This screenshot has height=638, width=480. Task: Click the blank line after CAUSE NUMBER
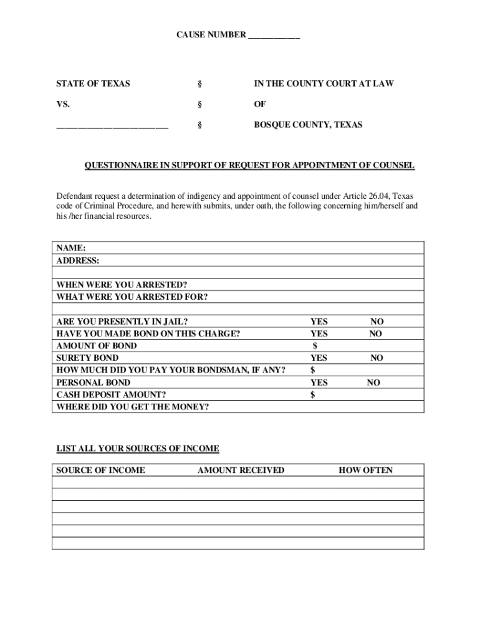tap(274, 36)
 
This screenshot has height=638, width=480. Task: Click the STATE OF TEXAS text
tap(93, 83)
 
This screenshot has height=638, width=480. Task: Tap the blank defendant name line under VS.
tap(112, 126)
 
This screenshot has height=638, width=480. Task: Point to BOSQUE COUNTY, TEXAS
tap(307, 125)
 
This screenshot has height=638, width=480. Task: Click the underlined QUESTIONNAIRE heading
tap(249, 166)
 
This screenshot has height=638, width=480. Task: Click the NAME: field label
tap(71, 248)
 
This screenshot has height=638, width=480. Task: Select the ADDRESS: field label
tap(78, 260)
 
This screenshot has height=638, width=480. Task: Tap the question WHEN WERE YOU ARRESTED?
tap(122, 285)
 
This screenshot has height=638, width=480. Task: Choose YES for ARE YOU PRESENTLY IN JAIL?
tap(319, 321)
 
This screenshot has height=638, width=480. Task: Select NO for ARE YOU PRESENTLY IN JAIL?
tap(377, 321)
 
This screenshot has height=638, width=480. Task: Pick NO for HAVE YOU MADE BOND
tap(375, 334)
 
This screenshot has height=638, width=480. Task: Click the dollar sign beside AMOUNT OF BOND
tap(315, 346)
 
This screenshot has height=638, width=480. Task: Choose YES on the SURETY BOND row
tap(319, 358)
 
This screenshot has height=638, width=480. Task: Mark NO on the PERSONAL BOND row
tap(373, 383)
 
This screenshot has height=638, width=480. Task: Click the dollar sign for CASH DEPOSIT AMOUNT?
tap(313, 395)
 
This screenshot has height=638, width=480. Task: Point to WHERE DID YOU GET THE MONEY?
tap(133, 407)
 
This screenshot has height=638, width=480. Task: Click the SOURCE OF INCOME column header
tap(100, 470)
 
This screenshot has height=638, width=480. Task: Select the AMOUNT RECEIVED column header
tap(241, 470)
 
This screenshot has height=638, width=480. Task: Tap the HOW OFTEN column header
tap(365, 470)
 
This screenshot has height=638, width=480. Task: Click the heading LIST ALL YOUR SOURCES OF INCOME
tap(138, 449)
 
